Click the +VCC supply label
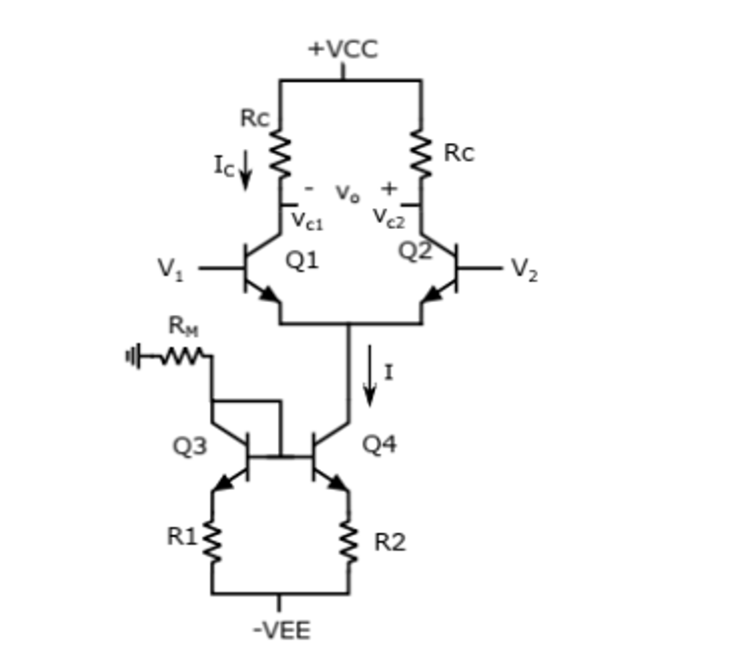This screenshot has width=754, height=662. coord(343,49)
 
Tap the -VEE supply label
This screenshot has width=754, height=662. coord(281,630)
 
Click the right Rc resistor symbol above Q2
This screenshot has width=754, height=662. coord(421,155)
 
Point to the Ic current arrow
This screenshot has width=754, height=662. coord(245,170)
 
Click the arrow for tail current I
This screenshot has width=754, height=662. coord(369,376)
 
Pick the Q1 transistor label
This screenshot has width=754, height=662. coord(302,260)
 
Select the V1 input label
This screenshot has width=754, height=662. coord(170,269)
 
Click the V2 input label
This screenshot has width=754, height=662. coord(523,269)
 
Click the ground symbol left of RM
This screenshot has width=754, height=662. coord(132,355)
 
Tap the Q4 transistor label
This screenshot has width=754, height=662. coord(380,444)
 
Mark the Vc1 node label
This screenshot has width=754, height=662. coord(306,220)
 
